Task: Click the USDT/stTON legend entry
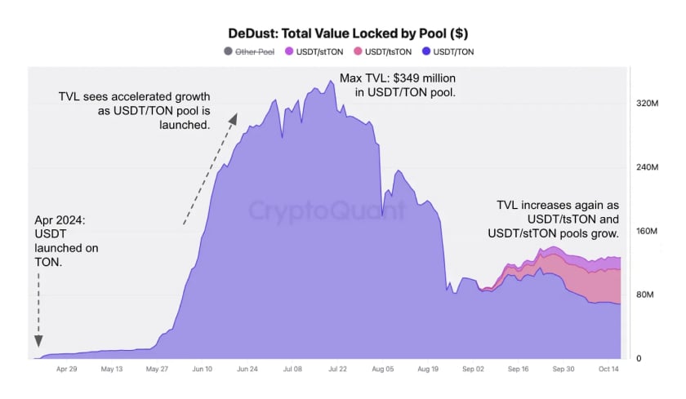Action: tap(314, 51)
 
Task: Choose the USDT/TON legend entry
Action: tap(448, 51)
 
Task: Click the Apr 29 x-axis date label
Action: tap(66, 369)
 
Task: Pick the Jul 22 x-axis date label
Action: tap(337, 369)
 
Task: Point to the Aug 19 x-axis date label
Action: tap(428, 369)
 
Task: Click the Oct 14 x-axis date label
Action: tap(608, 369)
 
